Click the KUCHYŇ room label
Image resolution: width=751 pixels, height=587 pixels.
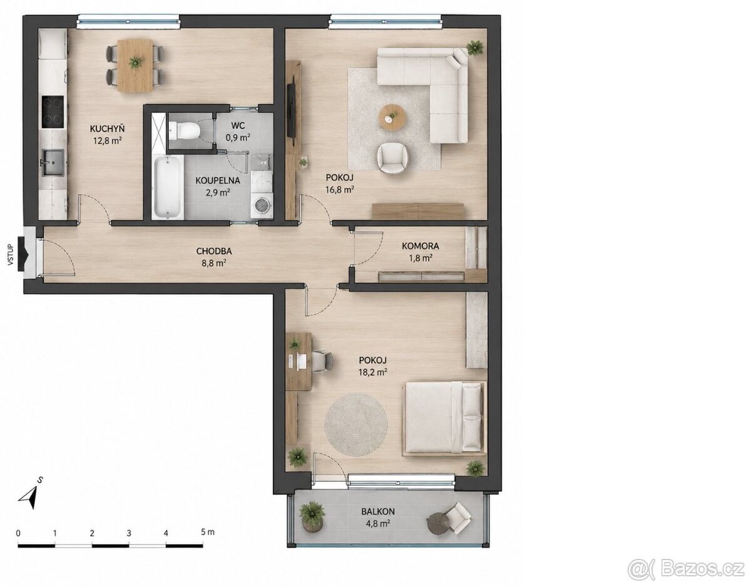point(107,129)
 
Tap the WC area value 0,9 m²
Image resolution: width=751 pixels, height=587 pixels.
point(238,138)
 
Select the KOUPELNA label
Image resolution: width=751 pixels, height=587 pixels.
point(218,180)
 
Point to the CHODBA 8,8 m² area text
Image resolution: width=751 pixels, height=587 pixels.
point(214,263)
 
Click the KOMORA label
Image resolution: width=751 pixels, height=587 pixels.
point(421,246)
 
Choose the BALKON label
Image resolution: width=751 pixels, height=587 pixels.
point(378,511)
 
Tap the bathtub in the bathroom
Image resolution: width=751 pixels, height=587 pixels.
point(168,187)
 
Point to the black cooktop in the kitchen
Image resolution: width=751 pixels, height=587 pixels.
point(53,111)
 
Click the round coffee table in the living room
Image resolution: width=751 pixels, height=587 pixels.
point(392,118)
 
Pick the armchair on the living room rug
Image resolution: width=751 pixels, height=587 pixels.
point(394,158)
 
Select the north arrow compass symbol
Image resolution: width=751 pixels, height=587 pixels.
point(29,496)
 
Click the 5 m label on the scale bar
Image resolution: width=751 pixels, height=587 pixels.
point(208,532)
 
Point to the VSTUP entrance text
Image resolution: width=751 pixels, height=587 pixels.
point(11,255)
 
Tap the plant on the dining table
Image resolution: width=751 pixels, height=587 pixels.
point(135,63)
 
